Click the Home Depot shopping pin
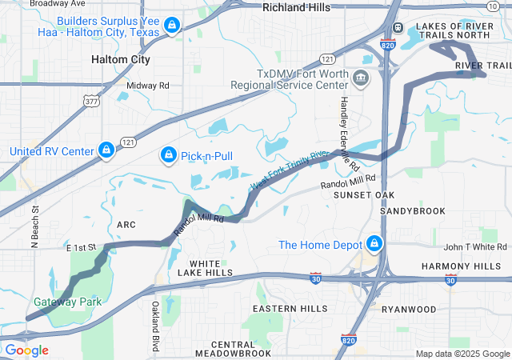[x=374, y=242]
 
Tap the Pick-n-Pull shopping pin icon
[x=169, y=153]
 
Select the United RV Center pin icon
[x=105, y=150]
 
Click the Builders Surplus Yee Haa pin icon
[x=170, y=26]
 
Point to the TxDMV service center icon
[x=361, y=78]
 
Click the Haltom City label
[x=121, y=60]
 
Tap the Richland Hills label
[x=297, y=7]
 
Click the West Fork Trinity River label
[x=290, y=170]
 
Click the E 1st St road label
[x=82, y=250]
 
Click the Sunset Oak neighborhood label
[x=364, y=195]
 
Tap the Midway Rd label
[x=148, y=85]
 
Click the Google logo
[x=26, y=350]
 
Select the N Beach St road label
[x=35, y=227]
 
